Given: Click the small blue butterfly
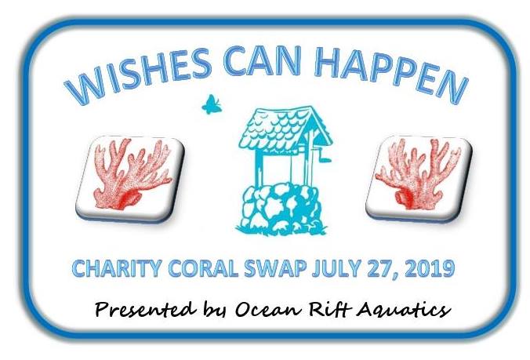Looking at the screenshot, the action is coord(212,104).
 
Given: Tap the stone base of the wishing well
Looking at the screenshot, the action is coord(281,208).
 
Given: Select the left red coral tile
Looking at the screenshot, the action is coord(131,178).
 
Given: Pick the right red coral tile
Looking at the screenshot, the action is coord(419,178).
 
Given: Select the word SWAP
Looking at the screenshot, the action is coord(275,269).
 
